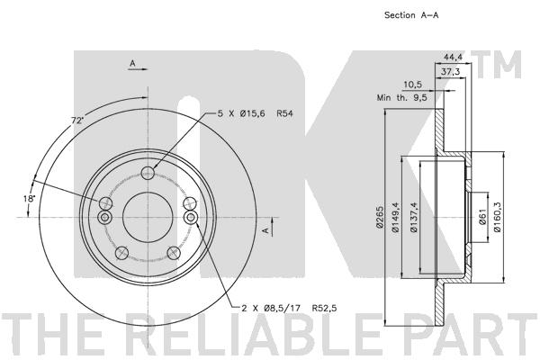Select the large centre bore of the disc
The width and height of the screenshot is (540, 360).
[146, 217]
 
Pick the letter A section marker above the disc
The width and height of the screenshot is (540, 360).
[132, 63]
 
